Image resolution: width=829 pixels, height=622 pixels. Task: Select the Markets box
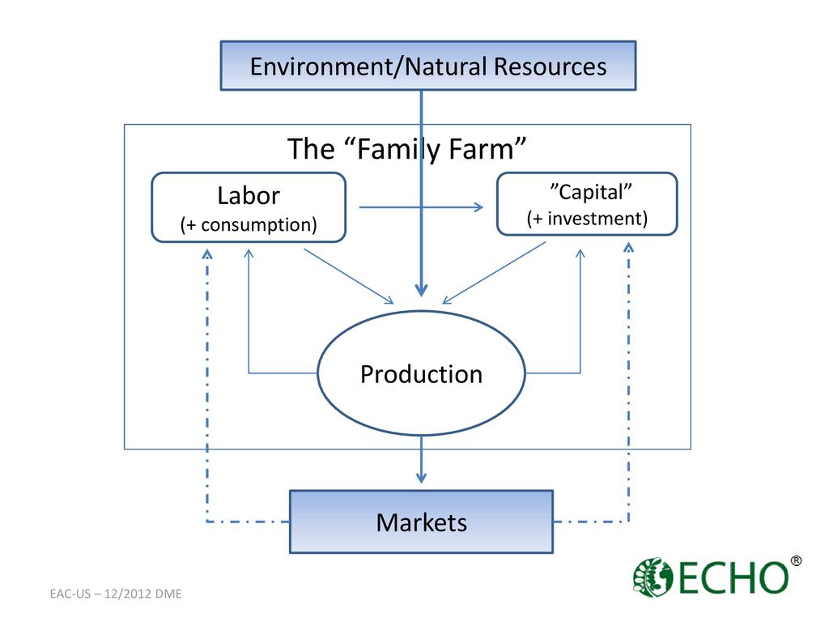point(421,522)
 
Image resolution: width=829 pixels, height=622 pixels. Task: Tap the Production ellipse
point(421,374)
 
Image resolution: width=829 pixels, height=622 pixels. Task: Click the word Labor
point(249,196)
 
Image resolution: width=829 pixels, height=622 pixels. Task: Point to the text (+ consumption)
point(249,224)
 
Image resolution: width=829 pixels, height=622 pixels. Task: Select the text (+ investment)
point(587,219)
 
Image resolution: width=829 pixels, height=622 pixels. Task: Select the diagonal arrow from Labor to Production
point(348,276)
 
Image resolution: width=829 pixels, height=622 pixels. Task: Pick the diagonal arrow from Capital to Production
point(494,273)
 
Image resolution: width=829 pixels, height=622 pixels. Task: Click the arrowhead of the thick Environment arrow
point(421,289)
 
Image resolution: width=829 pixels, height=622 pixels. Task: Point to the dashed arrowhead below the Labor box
point(207,253)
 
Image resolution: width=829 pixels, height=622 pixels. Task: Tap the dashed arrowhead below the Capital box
point(629,246)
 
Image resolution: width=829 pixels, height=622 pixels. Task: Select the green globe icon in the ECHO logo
point(653,577)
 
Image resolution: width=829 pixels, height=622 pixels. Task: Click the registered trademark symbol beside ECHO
point(796,561)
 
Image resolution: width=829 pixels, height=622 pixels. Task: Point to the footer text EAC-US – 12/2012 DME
point(116,594)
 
